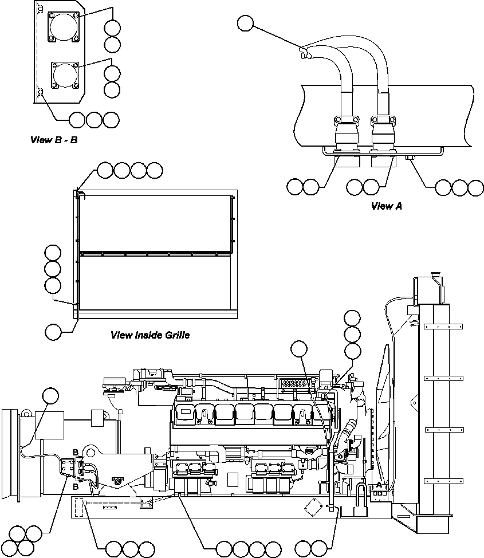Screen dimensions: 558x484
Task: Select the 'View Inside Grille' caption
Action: tap(149, 335)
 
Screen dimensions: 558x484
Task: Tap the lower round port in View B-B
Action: tap(64, 75)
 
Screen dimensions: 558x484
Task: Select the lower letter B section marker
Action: tap(75, 486)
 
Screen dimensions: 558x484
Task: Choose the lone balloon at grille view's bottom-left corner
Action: tap(53, 331)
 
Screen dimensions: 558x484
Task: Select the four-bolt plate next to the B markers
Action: tap(68, 467)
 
